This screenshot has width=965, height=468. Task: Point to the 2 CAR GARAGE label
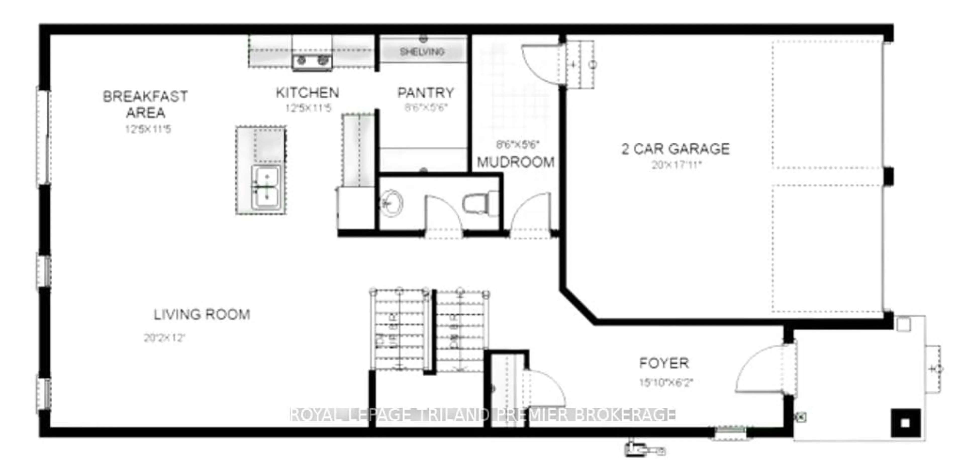click(x=675, y=149)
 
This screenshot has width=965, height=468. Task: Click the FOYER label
click(x=663, y=363)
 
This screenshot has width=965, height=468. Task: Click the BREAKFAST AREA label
click(x=145, y=104)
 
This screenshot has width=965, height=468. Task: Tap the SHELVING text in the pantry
click(x=422, y=52)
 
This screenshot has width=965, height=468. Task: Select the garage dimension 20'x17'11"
click(x=676, y=165)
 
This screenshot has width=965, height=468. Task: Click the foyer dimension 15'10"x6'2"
click(x=666, y=382)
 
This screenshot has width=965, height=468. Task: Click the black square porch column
click(x=905, y=423)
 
